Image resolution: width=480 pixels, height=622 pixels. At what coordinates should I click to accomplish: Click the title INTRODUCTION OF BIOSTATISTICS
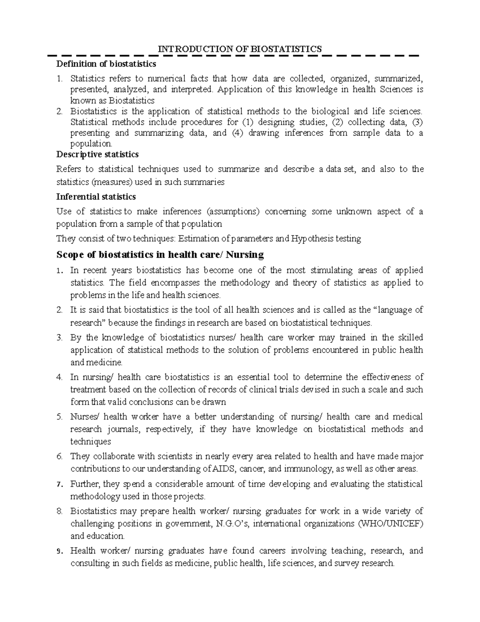coord(240,49)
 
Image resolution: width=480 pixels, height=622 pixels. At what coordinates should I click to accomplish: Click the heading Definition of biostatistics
coord(106,64)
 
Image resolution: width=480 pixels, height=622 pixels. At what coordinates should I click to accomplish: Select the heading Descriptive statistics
coord(98,154)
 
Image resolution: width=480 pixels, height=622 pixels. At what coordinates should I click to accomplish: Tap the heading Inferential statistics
coord(96,197)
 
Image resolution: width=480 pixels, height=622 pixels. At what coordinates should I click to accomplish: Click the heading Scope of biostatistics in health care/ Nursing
coord(160,255)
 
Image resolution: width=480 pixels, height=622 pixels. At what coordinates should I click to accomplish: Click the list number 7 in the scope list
coord(60,484)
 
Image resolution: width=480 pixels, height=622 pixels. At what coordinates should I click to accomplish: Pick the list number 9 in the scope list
coord(60,551)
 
